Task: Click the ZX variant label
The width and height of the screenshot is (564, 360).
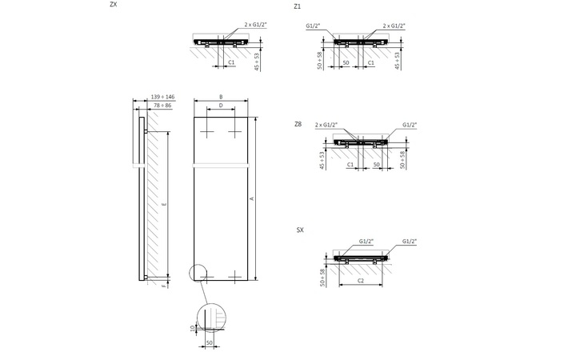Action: (x=114, y=5)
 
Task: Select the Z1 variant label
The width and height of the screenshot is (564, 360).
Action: (x=298, y=6)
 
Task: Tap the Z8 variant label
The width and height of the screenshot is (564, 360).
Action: (x=298, y=124)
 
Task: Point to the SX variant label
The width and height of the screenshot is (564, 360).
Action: (x=300, y=230)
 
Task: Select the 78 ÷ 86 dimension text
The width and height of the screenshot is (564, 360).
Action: (x=162, y=105)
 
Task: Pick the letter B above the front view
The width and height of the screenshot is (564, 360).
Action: (x=220, y=97)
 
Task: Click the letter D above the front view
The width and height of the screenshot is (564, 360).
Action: (x=220, y=106)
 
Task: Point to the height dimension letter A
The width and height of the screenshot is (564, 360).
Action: (x=251, y=198)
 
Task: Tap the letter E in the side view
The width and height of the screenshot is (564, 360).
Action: (x=163, y=206)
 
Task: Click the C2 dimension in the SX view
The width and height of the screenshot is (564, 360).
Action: (x=361, y=281)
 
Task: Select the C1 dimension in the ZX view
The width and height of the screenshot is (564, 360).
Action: (x=232, y=62)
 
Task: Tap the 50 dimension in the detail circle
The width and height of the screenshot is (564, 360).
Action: (x=209, y=342)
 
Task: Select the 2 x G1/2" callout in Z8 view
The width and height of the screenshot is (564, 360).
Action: (x=327, y=125)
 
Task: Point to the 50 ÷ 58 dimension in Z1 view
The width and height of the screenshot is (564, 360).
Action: (x=318, y=59)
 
